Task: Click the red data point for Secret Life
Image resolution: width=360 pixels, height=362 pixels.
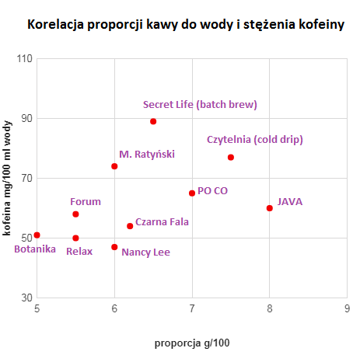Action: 153,121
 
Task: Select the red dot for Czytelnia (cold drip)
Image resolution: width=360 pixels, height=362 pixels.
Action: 231,158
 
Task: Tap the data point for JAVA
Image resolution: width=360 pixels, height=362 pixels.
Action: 270,208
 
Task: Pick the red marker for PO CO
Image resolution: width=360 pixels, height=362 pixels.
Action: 192,193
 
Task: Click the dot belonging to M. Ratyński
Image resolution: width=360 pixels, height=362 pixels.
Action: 114,166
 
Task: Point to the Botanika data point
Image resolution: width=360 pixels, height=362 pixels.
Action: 37,235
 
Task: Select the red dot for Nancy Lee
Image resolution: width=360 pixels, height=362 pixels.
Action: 114,247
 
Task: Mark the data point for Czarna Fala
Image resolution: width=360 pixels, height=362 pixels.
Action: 130,226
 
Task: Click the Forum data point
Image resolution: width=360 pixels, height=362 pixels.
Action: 75,214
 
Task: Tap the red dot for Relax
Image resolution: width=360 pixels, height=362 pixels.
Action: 75,238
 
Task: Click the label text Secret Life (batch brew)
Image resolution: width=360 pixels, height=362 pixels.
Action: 200,104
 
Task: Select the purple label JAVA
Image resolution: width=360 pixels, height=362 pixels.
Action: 290,202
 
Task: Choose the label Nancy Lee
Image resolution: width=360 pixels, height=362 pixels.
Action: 145,252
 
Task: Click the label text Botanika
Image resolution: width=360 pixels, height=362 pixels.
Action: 35,249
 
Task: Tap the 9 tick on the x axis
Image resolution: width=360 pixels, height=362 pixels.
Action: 347,308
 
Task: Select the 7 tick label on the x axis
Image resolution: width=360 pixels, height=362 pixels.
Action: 192,308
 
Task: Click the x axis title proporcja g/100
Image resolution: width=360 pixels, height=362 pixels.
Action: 192,343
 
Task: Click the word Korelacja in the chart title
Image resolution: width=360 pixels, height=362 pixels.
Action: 56,25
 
